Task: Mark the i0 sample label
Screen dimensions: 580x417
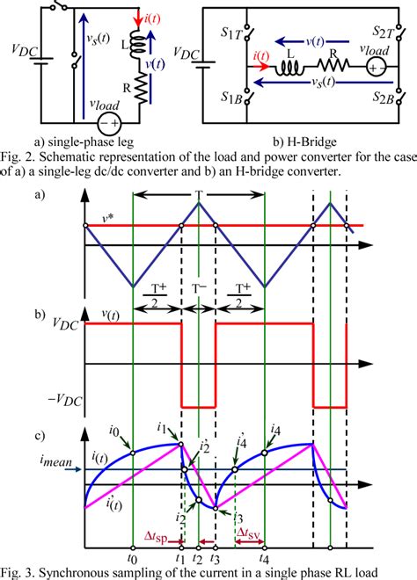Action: pyautogui.click(x=116, y=431)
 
